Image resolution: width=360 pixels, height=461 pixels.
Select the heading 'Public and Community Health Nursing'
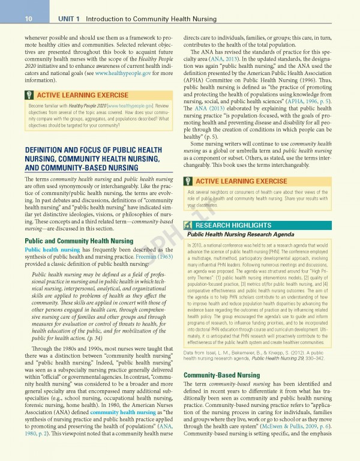[x=78, y=241]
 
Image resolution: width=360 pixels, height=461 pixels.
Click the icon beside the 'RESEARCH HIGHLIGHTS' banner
[x=189, y=225]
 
